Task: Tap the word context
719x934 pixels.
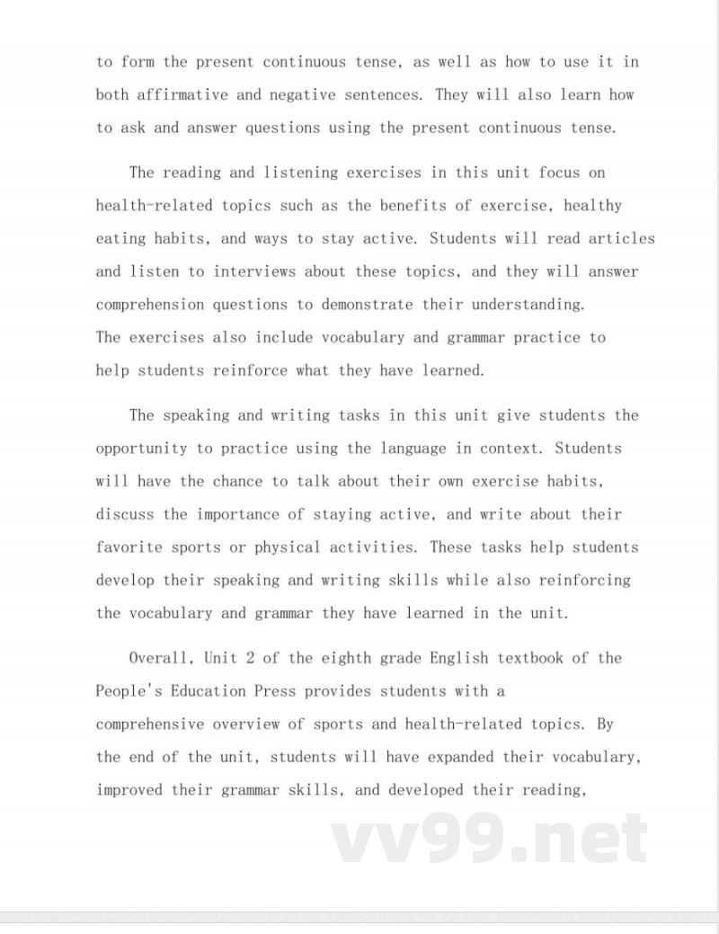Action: coord(513,448)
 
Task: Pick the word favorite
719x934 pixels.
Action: coord(129,547)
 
